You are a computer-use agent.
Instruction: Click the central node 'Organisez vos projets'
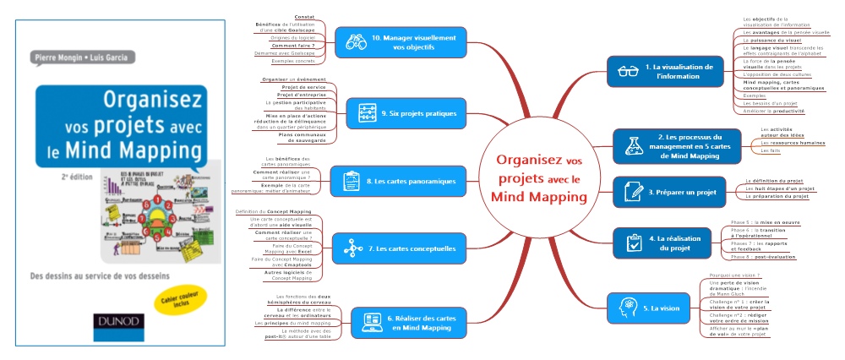pos(538,177)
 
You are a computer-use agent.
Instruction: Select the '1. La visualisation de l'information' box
pos(666,71)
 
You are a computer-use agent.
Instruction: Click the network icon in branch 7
pos(349,248)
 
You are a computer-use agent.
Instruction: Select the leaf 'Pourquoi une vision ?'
pos(729,275)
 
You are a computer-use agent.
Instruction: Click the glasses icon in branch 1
pos(627,71)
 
